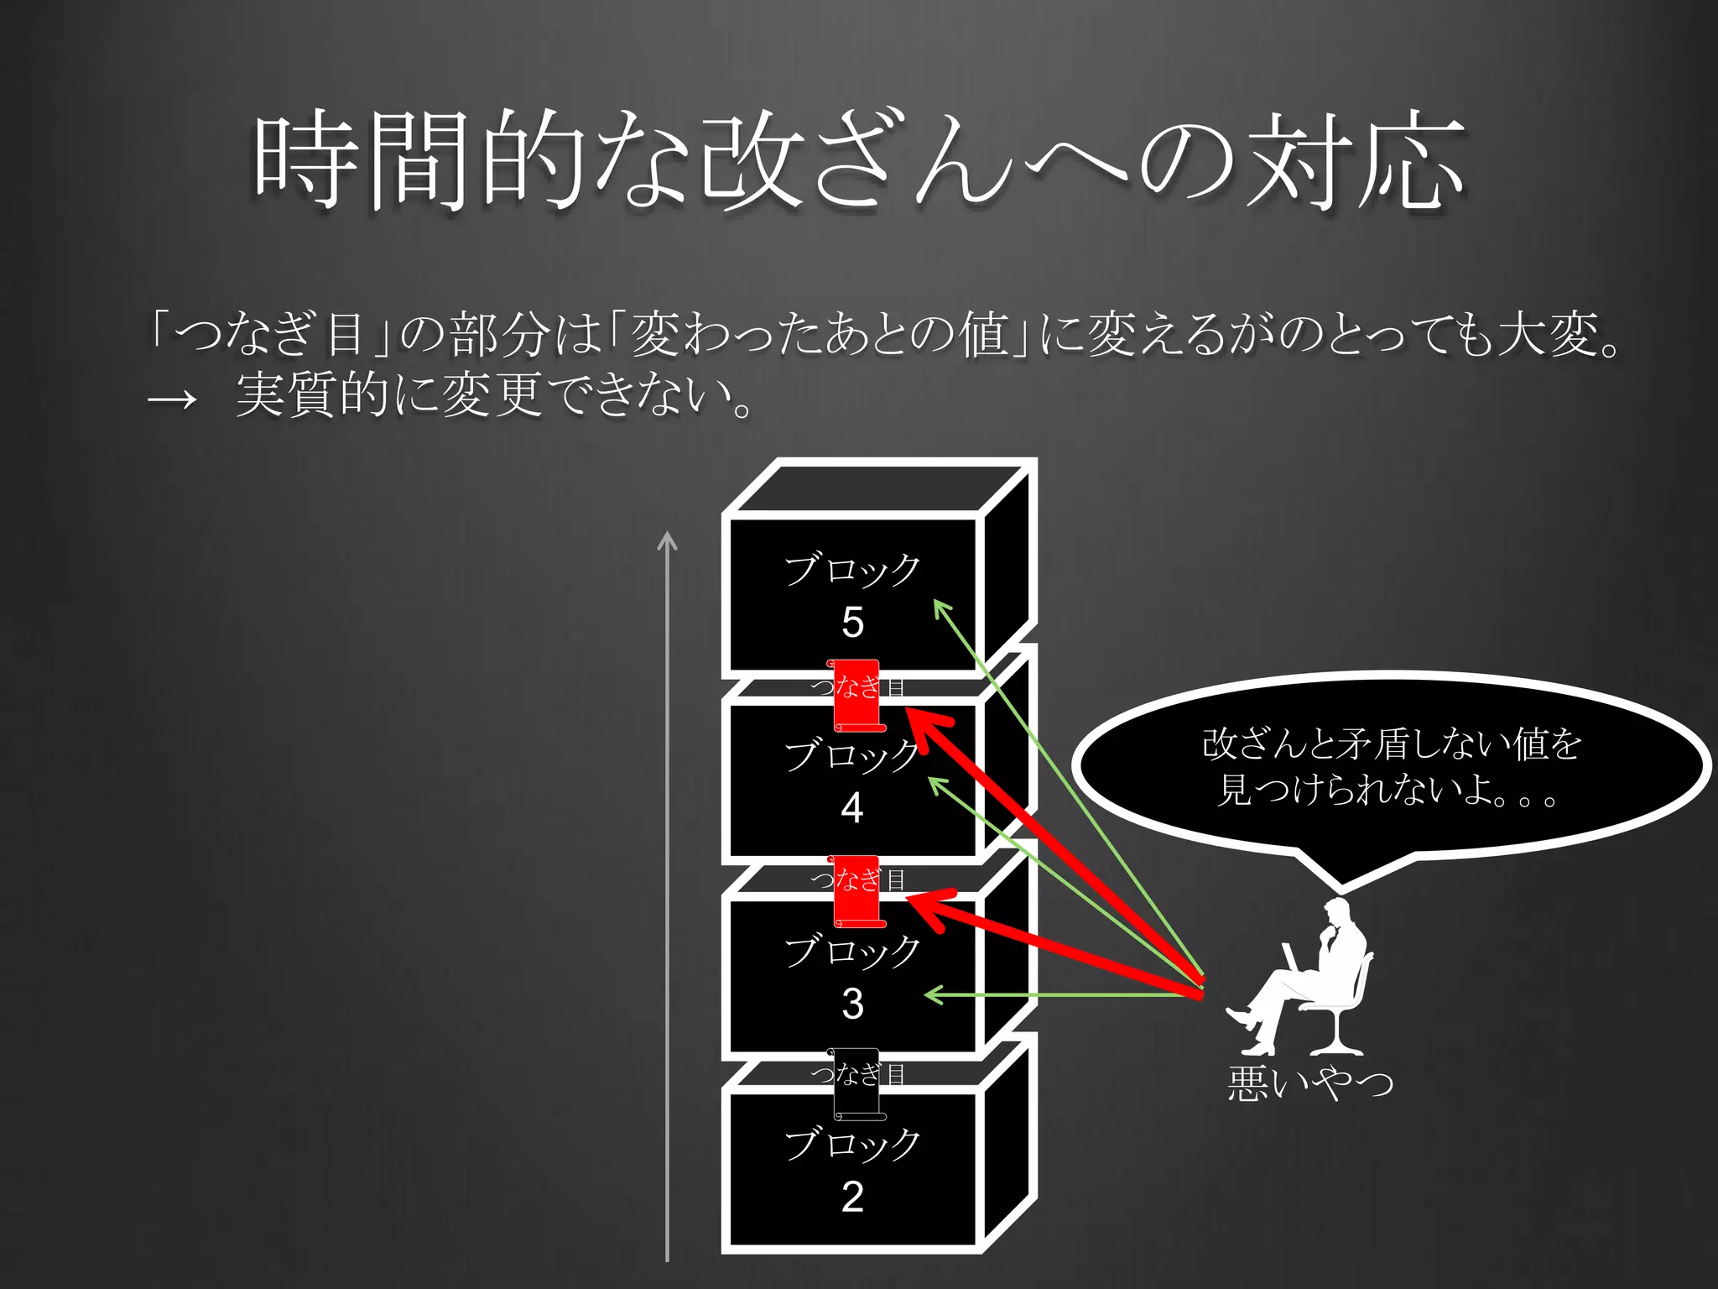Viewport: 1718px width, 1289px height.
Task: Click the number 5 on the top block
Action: pos(852,623)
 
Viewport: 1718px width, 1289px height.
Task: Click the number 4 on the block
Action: pos(852,807)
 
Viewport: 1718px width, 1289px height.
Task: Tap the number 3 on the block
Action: pos(852,1003)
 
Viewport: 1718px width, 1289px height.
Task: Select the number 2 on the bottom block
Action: pos(852,1196)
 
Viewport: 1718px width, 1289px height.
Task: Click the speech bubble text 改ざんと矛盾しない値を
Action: pos(1392,744)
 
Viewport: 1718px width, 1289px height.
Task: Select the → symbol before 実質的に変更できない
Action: pos(172,399)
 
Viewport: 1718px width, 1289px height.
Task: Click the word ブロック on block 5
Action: pos(852,569)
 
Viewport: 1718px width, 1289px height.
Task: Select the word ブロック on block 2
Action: pos(852,1143)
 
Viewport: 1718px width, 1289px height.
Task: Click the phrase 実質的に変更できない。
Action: pos(495,394)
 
